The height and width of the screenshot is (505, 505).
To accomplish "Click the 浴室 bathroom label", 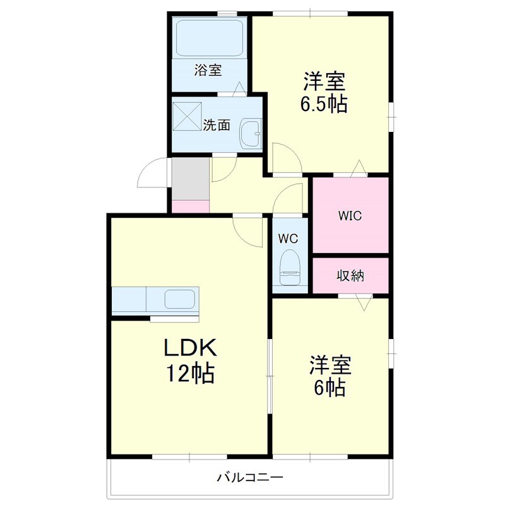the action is pos(208,70).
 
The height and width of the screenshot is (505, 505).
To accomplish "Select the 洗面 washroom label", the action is pos(217,125).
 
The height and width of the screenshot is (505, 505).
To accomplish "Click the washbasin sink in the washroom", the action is pos(251,133).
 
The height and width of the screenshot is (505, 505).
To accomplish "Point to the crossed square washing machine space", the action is pos(187,116).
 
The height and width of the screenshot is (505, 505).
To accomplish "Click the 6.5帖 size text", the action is pos(324,104).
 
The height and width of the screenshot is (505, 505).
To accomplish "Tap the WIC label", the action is pos(350,215).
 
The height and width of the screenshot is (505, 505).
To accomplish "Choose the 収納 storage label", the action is pos(350,276).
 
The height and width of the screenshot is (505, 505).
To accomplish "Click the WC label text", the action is pos(288,239).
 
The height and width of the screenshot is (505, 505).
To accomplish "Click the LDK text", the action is pos(191,348).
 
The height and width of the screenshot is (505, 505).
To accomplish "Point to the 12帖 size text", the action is pos(190,373).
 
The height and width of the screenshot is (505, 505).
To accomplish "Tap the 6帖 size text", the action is pos(330,388).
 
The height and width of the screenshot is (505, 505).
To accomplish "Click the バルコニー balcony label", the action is pos(250,477).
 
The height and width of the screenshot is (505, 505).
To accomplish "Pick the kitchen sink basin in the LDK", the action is pos(180,299).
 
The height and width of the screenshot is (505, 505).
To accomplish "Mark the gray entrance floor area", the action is pos(191,179).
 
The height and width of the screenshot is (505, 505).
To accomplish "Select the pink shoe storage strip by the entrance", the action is pos(191,206).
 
